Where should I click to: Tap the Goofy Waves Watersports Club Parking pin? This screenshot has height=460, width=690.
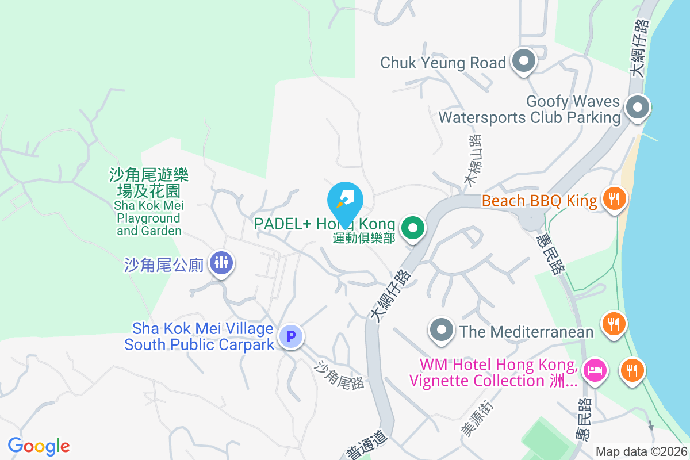[x=637, y=108]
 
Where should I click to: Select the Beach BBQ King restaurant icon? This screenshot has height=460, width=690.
[x=615, y=200]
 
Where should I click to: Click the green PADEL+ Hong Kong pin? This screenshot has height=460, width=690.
[x=412, y=228]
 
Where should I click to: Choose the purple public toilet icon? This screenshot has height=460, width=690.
[x=221, y=263]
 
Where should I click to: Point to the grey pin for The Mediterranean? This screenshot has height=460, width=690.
[x=442, y=331]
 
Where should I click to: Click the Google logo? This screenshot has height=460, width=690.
[x=39, y=446]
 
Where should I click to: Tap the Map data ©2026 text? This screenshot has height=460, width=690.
[x=641, y=452]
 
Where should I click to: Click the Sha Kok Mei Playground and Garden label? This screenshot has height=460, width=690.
[x=148, y=202]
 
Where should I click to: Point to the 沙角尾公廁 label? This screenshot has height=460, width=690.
[x=164, y=264]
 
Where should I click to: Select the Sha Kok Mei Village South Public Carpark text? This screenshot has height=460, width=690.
[x=199, y=336]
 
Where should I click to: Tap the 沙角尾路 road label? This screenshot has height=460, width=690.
[x=340, y=375]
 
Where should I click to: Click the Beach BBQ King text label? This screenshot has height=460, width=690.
[x=539, y=201]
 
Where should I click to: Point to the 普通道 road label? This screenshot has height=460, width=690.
[x=362, y=445]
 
